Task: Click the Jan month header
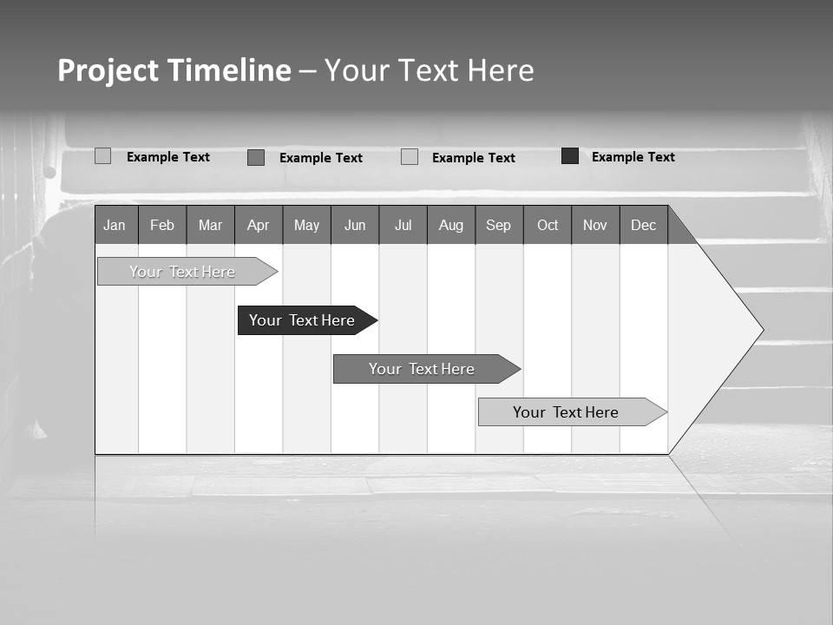115,225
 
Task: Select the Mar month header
210,225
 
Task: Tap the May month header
306,225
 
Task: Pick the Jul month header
403,225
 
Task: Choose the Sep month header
498,225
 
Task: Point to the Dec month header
643,225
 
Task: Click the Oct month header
548,225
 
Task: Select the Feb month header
162,225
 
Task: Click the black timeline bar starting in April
303,320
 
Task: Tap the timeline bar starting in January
182,272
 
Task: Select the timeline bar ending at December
566,412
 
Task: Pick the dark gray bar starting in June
422,369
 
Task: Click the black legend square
570,156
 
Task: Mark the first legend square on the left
102,156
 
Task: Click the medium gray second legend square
256,157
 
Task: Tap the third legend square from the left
410,157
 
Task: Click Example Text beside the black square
633,157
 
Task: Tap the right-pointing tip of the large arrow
760,330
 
